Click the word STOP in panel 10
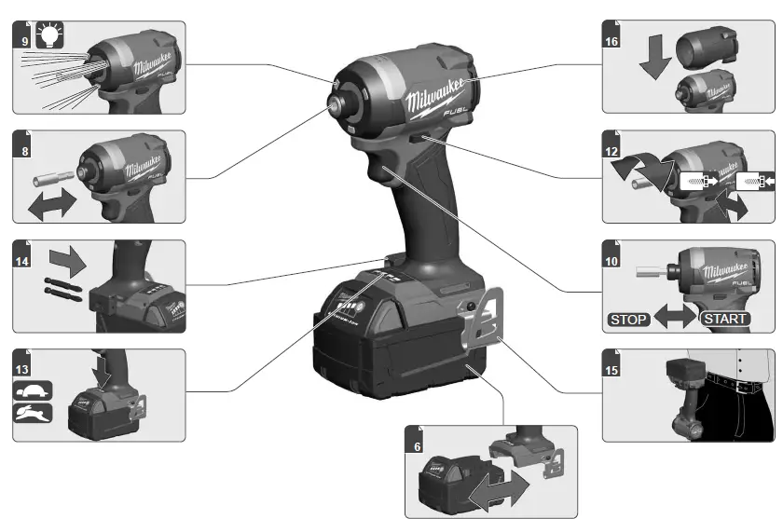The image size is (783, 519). [x=628, y=319]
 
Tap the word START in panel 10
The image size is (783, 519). [x=724, y=319]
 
